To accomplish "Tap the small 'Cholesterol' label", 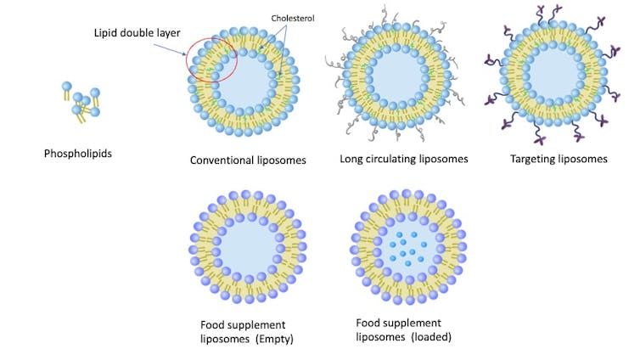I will pos(294,17).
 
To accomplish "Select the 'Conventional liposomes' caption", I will pos(248,160).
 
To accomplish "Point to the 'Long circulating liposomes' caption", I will pos(404,159).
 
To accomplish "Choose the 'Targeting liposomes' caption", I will pos(559,159).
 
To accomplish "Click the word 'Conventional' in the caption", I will pos(221,160).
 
